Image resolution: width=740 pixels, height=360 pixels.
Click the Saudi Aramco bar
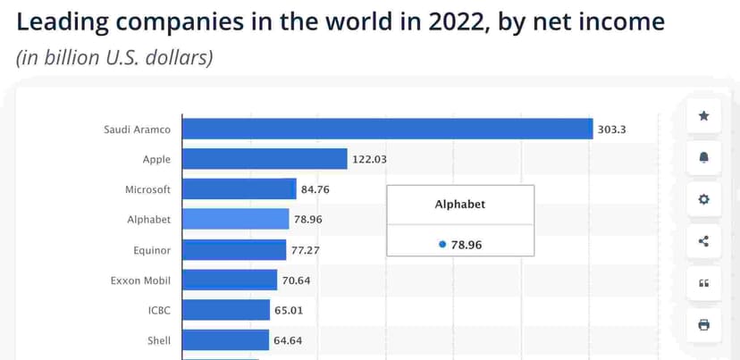click(x=387, y=129)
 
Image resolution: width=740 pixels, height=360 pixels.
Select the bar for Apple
click(x=265, y=159)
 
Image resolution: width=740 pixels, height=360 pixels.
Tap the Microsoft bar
click(x=239, y=189)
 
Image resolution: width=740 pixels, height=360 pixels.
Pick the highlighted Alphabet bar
click(x=236, y=219)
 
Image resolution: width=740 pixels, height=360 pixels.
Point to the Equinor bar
click(x=234, y=250)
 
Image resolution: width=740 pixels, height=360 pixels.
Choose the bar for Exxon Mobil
click(x=230, y=280)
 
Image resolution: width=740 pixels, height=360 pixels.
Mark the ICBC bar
click(x=226, y=310)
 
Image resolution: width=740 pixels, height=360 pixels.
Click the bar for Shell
click(x=225, y=340)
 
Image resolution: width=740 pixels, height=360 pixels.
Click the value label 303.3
click(x=612, y=130)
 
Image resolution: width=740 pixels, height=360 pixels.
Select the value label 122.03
click(x=369, y=160)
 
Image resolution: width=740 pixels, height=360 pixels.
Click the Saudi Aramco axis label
click(x=137, y=130)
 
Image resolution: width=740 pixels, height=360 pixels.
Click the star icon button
click(x=703, y=116)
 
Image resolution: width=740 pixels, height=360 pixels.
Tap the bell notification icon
click(x=703, y=158)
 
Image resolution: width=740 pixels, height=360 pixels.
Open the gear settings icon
click(x=703, y=199)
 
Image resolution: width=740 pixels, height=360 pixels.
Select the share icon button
click(x=703, y=240)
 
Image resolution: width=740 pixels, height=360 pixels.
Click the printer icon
click(x=703, y=324)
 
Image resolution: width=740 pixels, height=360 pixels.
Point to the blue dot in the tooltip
click(x=442, y=244)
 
